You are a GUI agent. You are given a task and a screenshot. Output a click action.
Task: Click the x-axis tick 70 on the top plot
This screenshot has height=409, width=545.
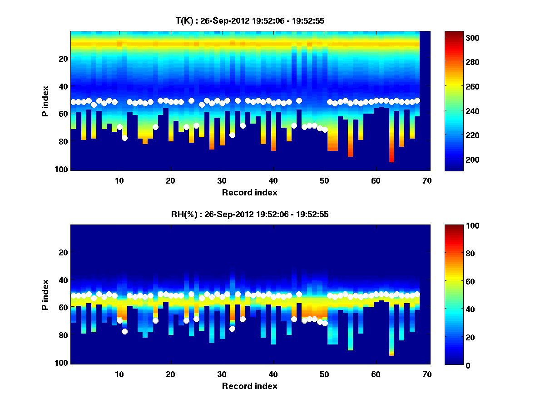click(426, 180)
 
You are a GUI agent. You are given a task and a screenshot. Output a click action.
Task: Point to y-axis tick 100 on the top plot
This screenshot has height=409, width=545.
click(62, 169)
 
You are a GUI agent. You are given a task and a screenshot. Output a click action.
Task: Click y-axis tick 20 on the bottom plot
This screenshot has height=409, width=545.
click(63, 252)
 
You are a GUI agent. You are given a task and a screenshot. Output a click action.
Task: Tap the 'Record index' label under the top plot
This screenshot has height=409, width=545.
click(249, 193)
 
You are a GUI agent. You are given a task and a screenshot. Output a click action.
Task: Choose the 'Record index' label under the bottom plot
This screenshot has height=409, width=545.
click(249, 386)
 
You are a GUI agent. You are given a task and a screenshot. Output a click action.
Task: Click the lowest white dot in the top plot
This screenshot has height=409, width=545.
click(124, 138)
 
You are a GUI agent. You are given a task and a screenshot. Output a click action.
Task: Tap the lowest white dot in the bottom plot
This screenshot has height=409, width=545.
click(124, 331)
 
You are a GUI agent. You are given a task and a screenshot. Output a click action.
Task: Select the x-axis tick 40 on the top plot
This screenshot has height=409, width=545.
click(273, 180)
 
